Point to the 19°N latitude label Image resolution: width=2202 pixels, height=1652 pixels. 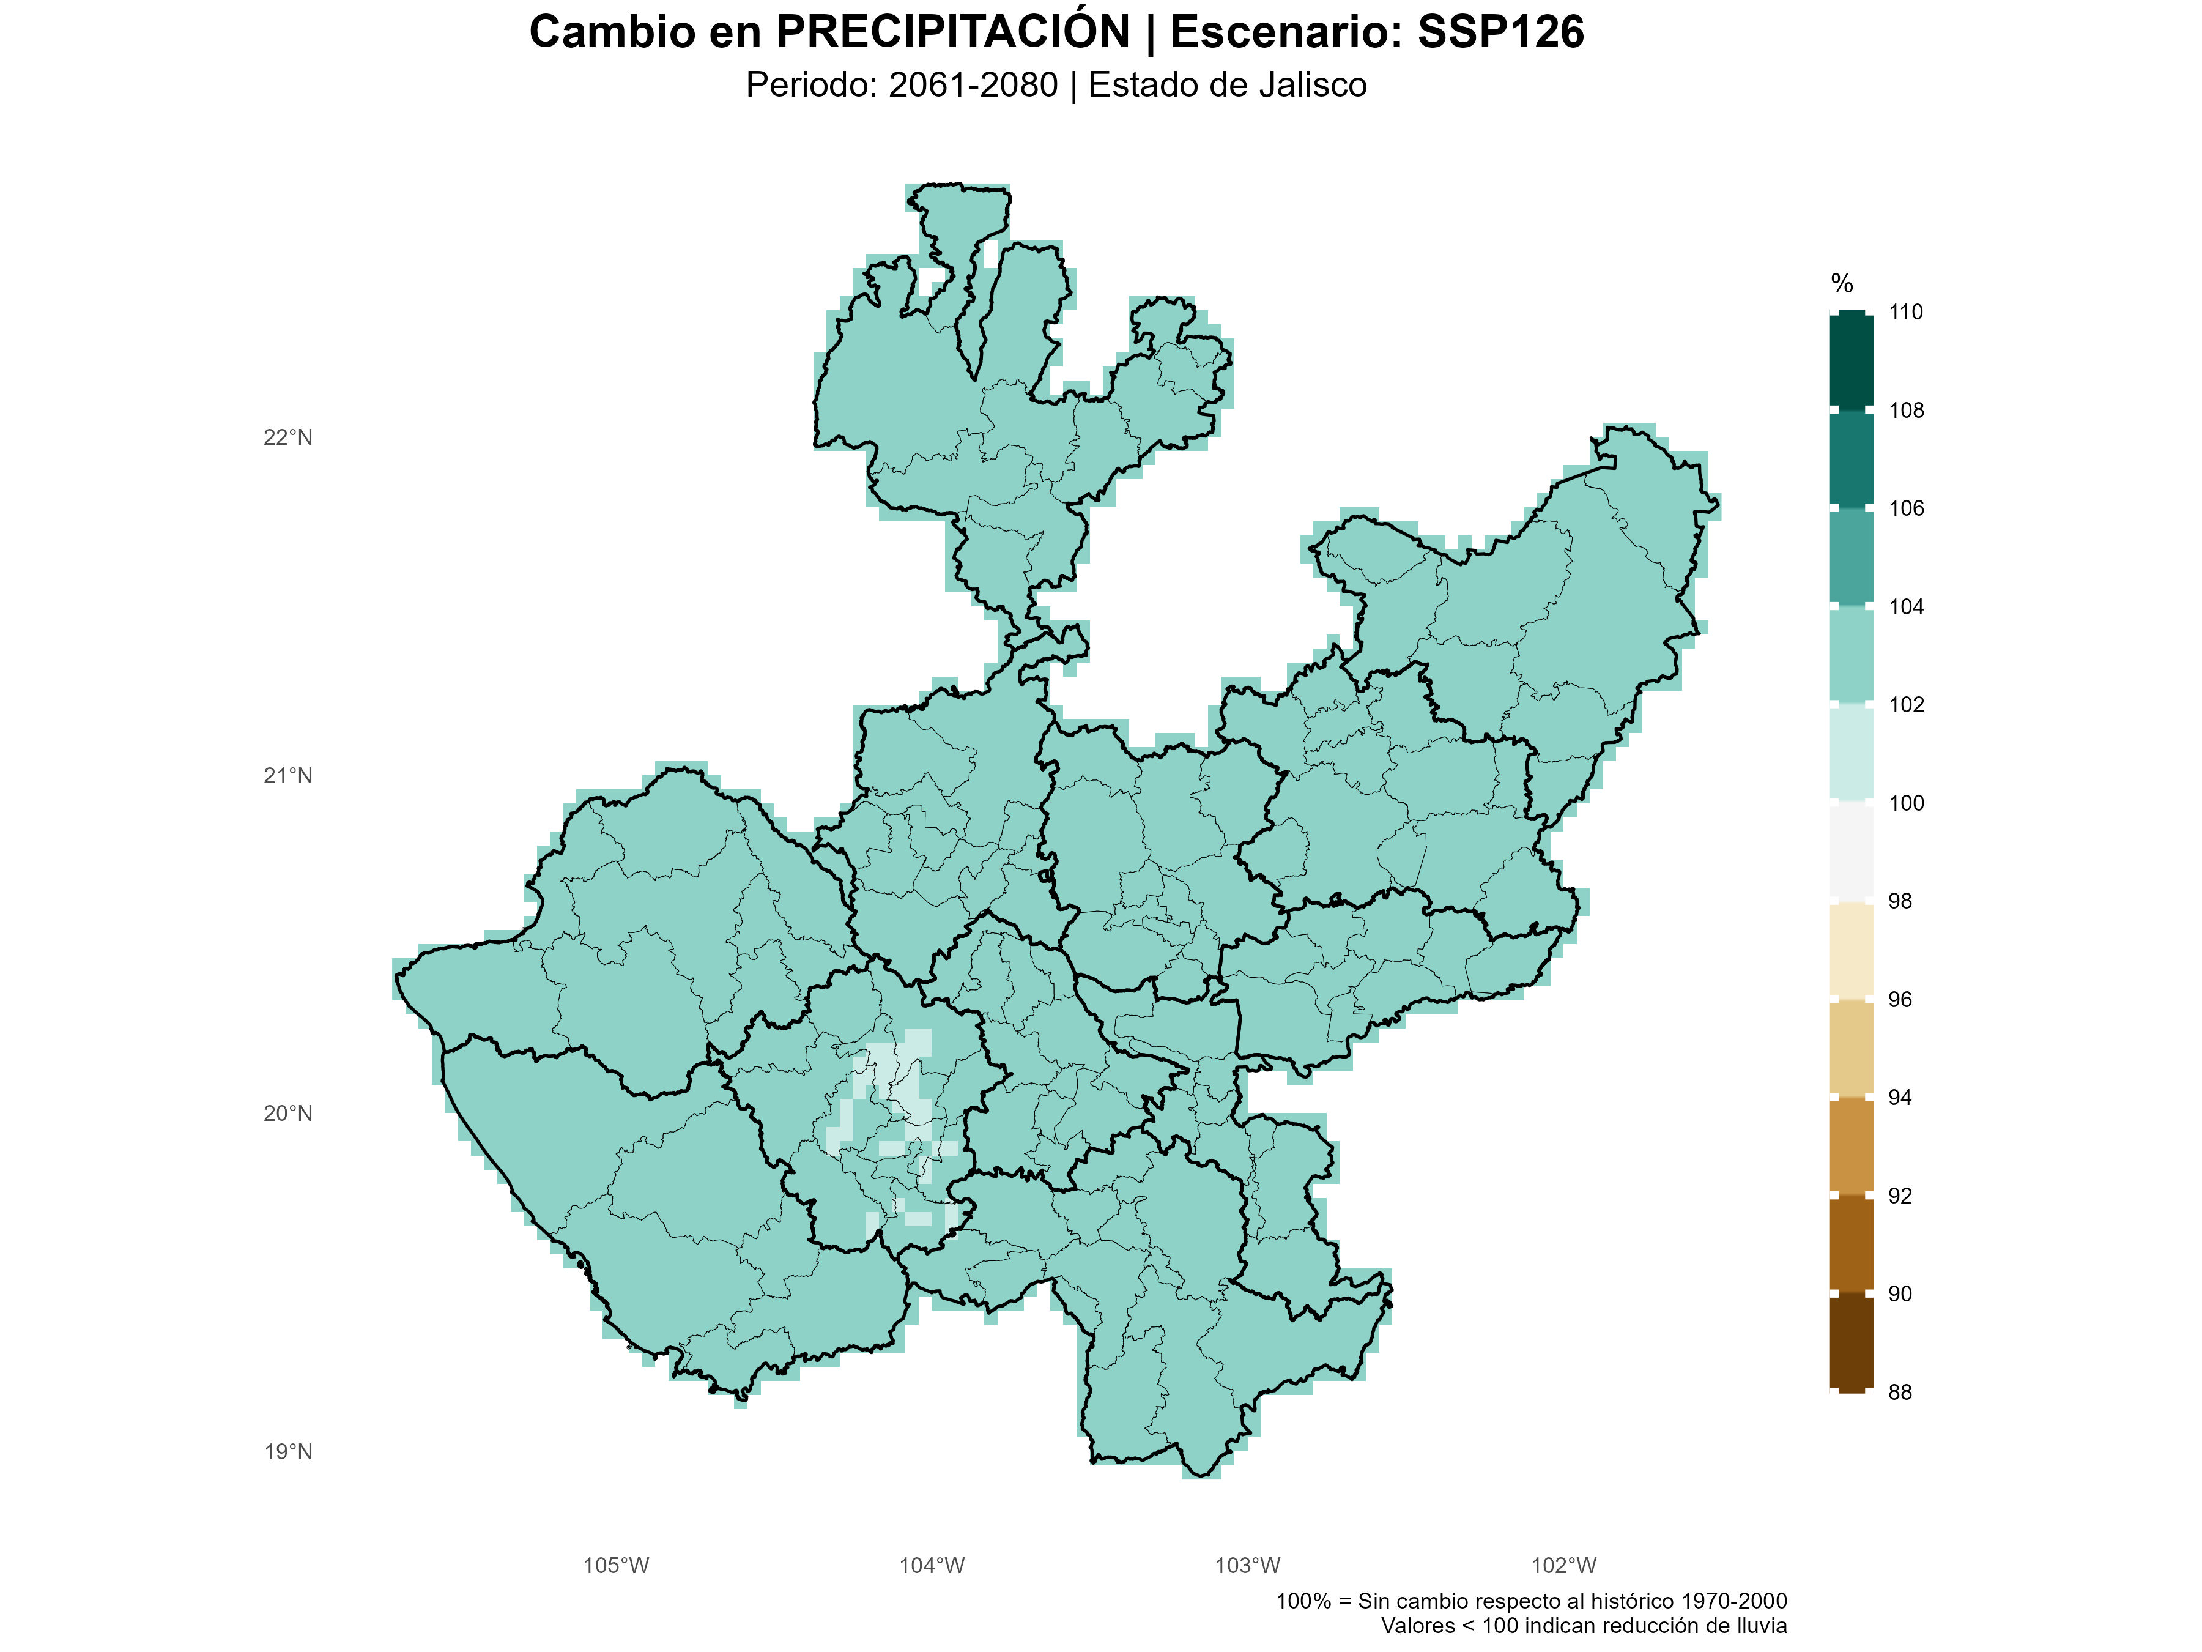(287, 1452)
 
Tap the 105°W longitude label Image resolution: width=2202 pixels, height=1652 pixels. (615, 1565)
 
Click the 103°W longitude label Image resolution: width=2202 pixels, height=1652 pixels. (1247, 1565)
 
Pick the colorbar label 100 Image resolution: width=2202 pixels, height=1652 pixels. (1905, 803)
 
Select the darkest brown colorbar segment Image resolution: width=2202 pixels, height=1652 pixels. (1850, 1342)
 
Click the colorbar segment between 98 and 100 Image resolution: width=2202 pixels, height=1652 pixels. (1850, 852)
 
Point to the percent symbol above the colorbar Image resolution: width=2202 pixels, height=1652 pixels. (1842, 284)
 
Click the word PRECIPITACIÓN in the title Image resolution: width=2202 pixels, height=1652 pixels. (953, 32)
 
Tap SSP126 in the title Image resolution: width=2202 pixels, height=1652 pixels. (1500, 32)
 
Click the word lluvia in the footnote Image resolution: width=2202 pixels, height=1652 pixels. (1758, 1626)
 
